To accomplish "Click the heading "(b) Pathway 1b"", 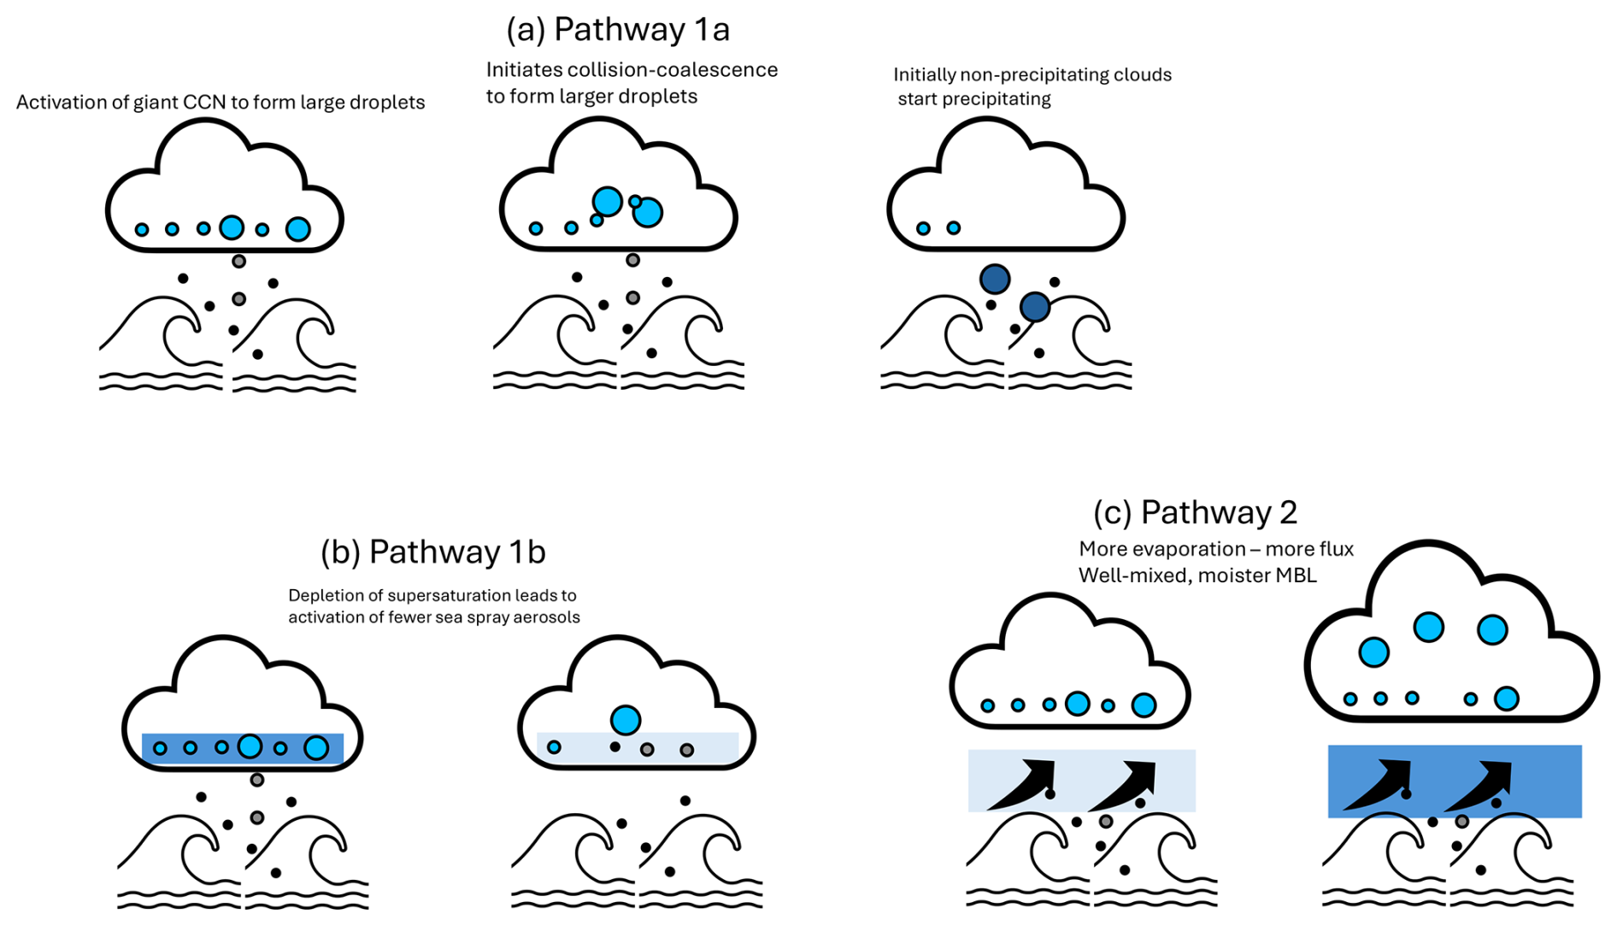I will pyautogui.click(x=432, y=552).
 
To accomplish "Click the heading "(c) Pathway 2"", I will pyautogui.click(x=1195, y=513).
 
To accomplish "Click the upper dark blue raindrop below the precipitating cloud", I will pyautogui.click(x=995, y=279).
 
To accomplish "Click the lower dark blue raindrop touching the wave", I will pyautogui.click(x=1035, y=306).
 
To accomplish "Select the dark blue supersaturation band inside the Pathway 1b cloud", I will pyautogui.click(x=243, y=748).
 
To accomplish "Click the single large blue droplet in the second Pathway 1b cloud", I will pyautogui.click(x=626, y=720).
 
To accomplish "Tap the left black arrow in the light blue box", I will pyautogui.click(x=1022, y=784).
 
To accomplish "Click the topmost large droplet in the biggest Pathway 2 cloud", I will pyautogui.click(x=1428, y=627).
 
